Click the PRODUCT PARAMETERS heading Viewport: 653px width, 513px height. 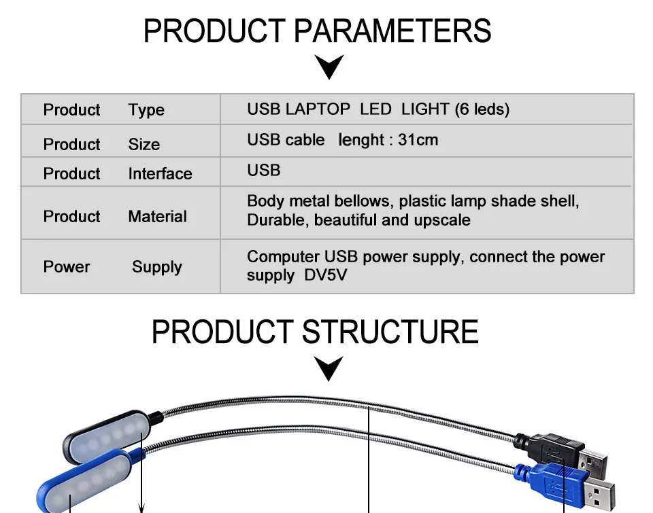click(x=317, y=31)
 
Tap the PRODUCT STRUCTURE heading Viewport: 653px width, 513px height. click(x=315, y=332)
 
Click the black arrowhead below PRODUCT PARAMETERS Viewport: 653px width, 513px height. click(x=330, y=67)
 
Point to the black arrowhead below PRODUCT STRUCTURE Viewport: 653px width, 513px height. click(x=330, y=369)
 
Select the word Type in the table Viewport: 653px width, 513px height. click(x=146, y=110)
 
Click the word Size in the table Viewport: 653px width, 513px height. click(x=144, y=144)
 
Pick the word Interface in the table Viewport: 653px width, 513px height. click(x=160, y=174)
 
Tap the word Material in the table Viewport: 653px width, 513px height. click(x=157, y=217)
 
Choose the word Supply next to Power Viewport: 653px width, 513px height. click(x=156, y=267)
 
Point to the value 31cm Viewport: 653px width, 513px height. click(x=418, y=140)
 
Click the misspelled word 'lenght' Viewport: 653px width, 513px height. click(x=361, y=140)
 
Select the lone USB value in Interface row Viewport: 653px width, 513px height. click(x=264, y=170)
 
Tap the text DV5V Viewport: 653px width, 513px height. click(x=326, y=276)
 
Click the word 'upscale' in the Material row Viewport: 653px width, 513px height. click(x=442, y=220)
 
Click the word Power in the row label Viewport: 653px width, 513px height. click(x=67, y=267)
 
